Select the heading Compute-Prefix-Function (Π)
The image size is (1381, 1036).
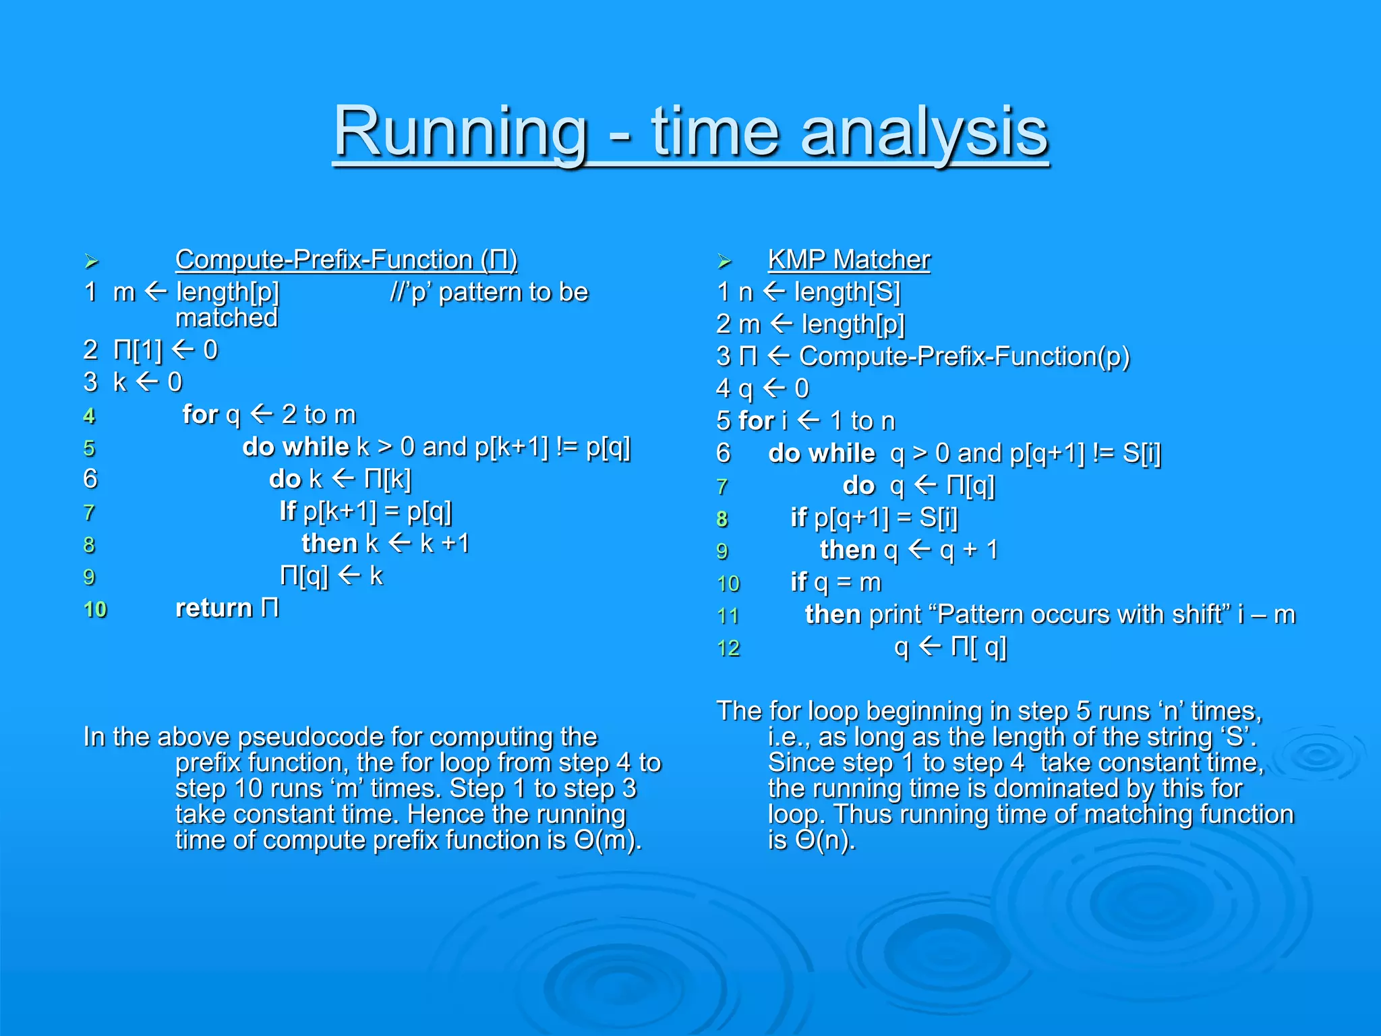point(346,260)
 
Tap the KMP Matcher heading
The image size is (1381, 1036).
point(848,260)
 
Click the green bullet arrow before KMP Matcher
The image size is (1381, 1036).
point(724,261)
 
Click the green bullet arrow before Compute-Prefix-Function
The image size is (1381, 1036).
point(92,261)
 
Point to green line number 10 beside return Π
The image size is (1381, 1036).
point(95,610)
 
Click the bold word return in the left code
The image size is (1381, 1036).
point(214,608)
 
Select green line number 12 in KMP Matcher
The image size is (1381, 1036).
point(728,649)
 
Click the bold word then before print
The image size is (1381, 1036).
point(833,615)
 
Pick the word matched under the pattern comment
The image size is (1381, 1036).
point(227,318)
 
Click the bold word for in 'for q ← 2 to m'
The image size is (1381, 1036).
point(200,415)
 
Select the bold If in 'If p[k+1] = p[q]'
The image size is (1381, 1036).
point(287,511)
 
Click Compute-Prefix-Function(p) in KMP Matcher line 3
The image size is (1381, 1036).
point(964,356)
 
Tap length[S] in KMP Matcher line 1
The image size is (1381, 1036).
point(847,292)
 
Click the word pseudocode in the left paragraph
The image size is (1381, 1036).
point(310,737)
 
